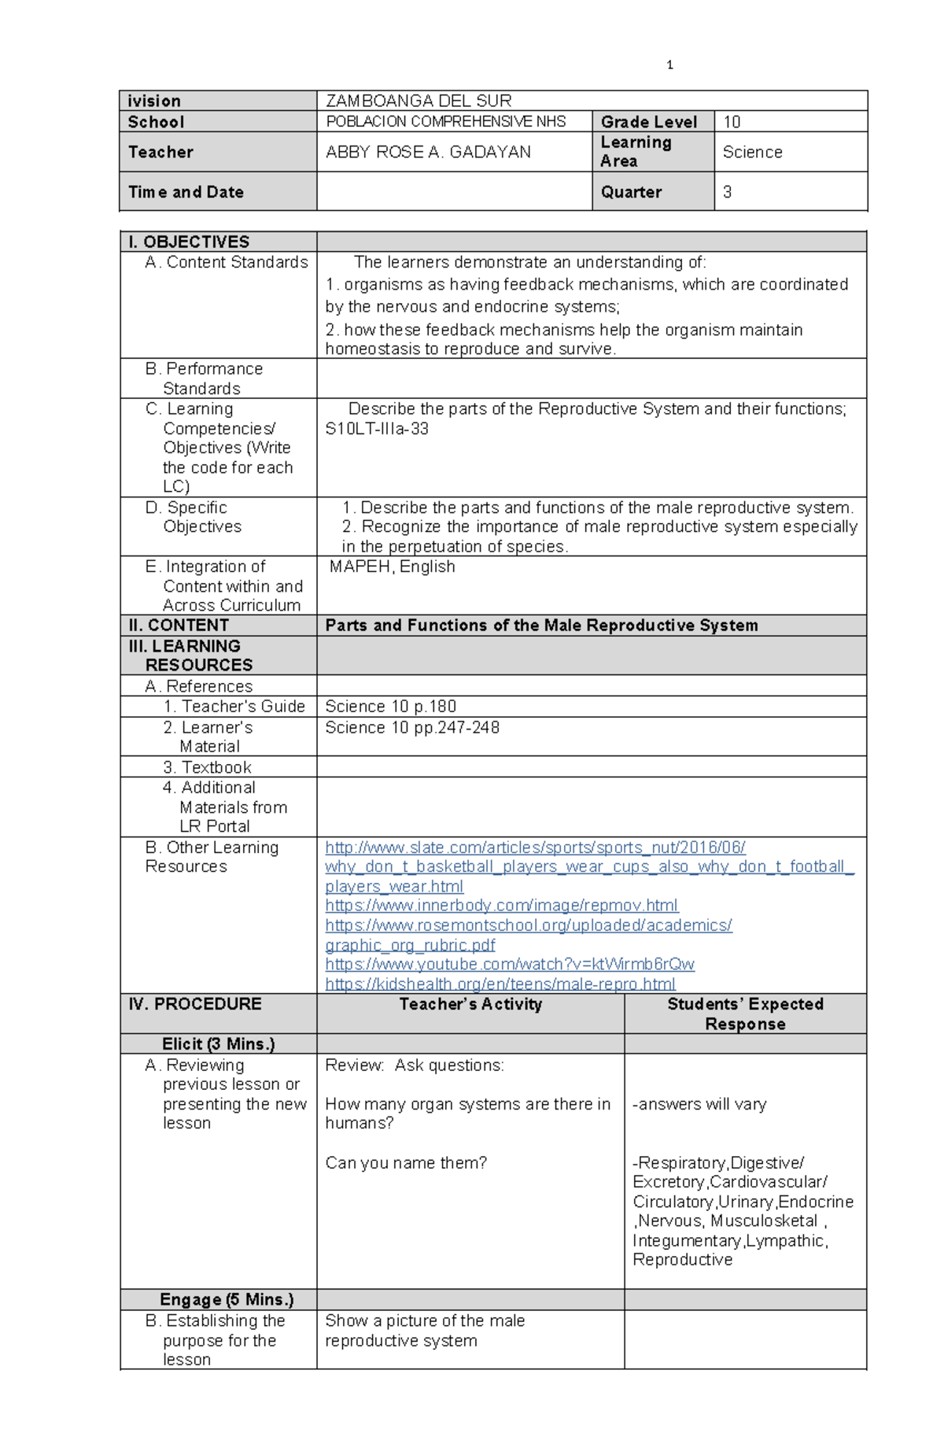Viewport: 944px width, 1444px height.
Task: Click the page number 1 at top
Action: point(669,65)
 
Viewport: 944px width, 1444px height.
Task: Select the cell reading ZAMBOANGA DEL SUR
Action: point(419,101)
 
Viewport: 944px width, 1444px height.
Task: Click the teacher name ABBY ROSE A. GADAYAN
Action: point(428,152)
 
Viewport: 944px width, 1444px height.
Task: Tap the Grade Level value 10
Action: point(732,122)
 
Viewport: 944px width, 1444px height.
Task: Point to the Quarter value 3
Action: point(727,192)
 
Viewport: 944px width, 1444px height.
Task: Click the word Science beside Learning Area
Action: point(752,152)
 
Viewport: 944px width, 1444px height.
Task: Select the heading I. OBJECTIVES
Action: point(189,242)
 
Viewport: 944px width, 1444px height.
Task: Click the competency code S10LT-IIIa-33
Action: point(377,429)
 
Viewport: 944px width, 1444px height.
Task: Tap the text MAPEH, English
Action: point(392,567)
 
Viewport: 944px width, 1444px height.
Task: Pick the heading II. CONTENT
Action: point(179,626)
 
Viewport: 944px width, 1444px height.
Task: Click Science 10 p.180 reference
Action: point(390,707)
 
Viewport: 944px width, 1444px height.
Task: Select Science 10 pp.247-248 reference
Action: point(412,728)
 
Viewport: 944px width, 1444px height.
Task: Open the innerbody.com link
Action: point(502,906)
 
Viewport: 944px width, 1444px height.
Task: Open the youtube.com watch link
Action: point(510,965)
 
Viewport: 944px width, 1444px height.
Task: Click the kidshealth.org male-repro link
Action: point(500,984)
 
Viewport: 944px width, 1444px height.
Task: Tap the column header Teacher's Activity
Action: point(470,1004)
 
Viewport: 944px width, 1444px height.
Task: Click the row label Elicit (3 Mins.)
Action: point(218,1044)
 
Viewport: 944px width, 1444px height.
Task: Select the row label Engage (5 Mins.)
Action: point(227,1300)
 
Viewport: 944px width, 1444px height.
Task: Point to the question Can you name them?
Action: point(406,1163)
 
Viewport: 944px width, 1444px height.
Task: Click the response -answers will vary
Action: point(699,1104)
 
